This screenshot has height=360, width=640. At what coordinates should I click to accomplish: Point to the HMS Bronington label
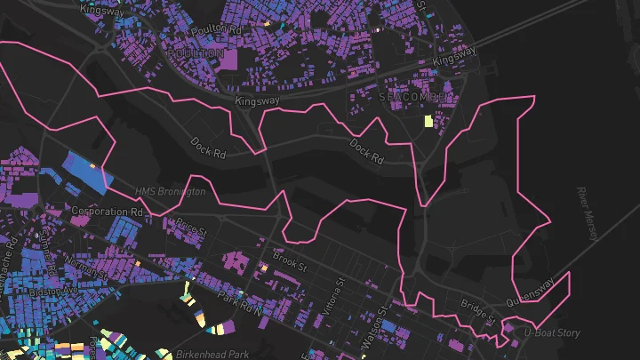(x=170, y=191)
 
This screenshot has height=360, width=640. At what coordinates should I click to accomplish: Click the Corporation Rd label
(x=107, y=212)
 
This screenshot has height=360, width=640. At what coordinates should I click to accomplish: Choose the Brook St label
(x=290, y=263)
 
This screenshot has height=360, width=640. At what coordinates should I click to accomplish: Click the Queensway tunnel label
(x=530, y=292)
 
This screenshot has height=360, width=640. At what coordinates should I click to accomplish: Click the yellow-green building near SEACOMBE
(x=428, y=122)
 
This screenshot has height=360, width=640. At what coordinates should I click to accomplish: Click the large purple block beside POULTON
(x=228, y=60)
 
